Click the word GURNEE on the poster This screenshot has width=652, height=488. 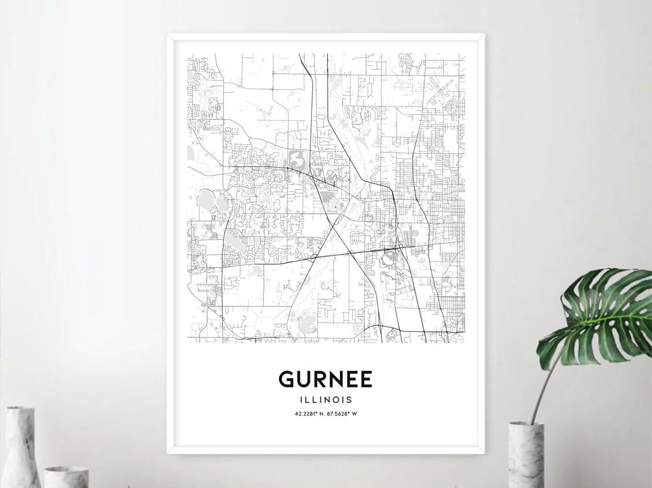325,379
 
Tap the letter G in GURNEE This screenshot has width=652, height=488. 287,379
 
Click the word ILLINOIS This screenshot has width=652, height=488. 325,399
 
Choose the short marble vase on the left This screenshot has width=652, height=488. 66,477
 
